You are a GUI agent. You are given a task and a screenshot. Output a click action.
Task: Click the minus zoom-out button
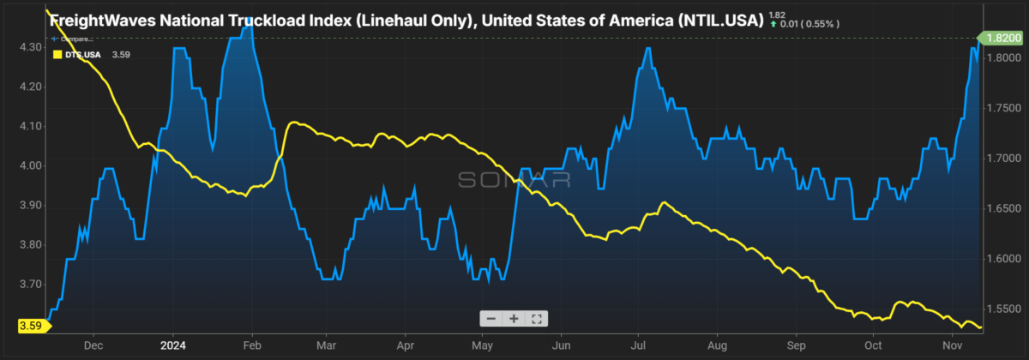[x=491, y=318]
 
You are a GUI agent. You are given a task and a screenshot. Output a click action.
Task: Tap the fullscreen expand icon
[x=537, y=318]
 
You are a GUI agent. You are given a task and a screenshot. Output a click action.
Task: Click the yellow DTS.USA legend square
[x=57, y=54]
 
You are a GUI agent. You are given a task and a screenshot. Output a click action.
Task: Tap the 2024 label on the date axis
[x=172, y=345]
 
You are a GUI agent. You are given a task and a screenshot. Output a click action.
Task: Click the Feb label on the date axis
[x=253, y=345]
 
